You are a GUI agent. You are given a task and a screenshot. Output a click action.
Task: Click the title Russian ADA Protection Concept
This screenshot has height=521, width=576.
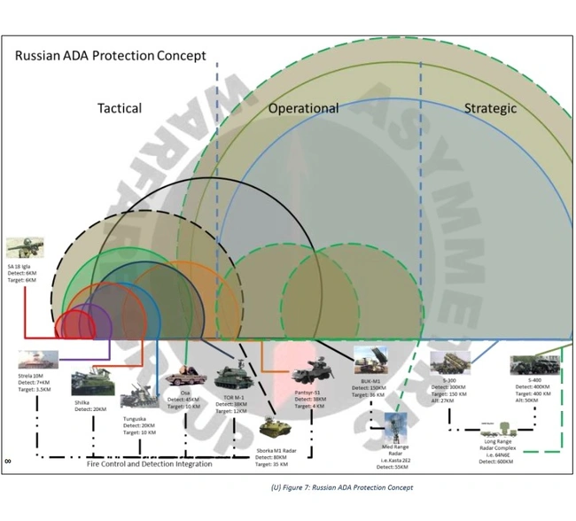[110, 56]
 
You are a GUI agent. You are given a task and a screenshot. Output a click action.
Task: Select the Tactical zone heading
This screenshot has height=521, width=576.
[119, 108]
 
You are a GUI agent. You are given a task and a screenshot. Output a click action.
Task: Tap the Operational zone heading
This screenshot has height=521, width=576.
[303, 108]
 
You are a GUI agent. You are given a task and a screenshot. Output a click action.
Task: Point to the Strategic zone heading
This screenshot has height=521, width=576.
[490, 108]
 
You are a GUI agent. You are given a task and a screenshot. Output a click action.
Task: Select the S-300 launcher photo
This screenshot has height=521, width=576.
[449, 363]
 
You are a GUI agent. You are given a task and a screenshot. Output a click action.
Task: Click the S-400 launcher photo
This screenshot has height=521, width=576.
[534, 364]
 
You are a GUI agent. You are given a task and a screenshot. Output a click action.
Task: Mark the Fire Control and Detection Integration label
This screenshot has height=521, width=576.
[149, 463]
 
